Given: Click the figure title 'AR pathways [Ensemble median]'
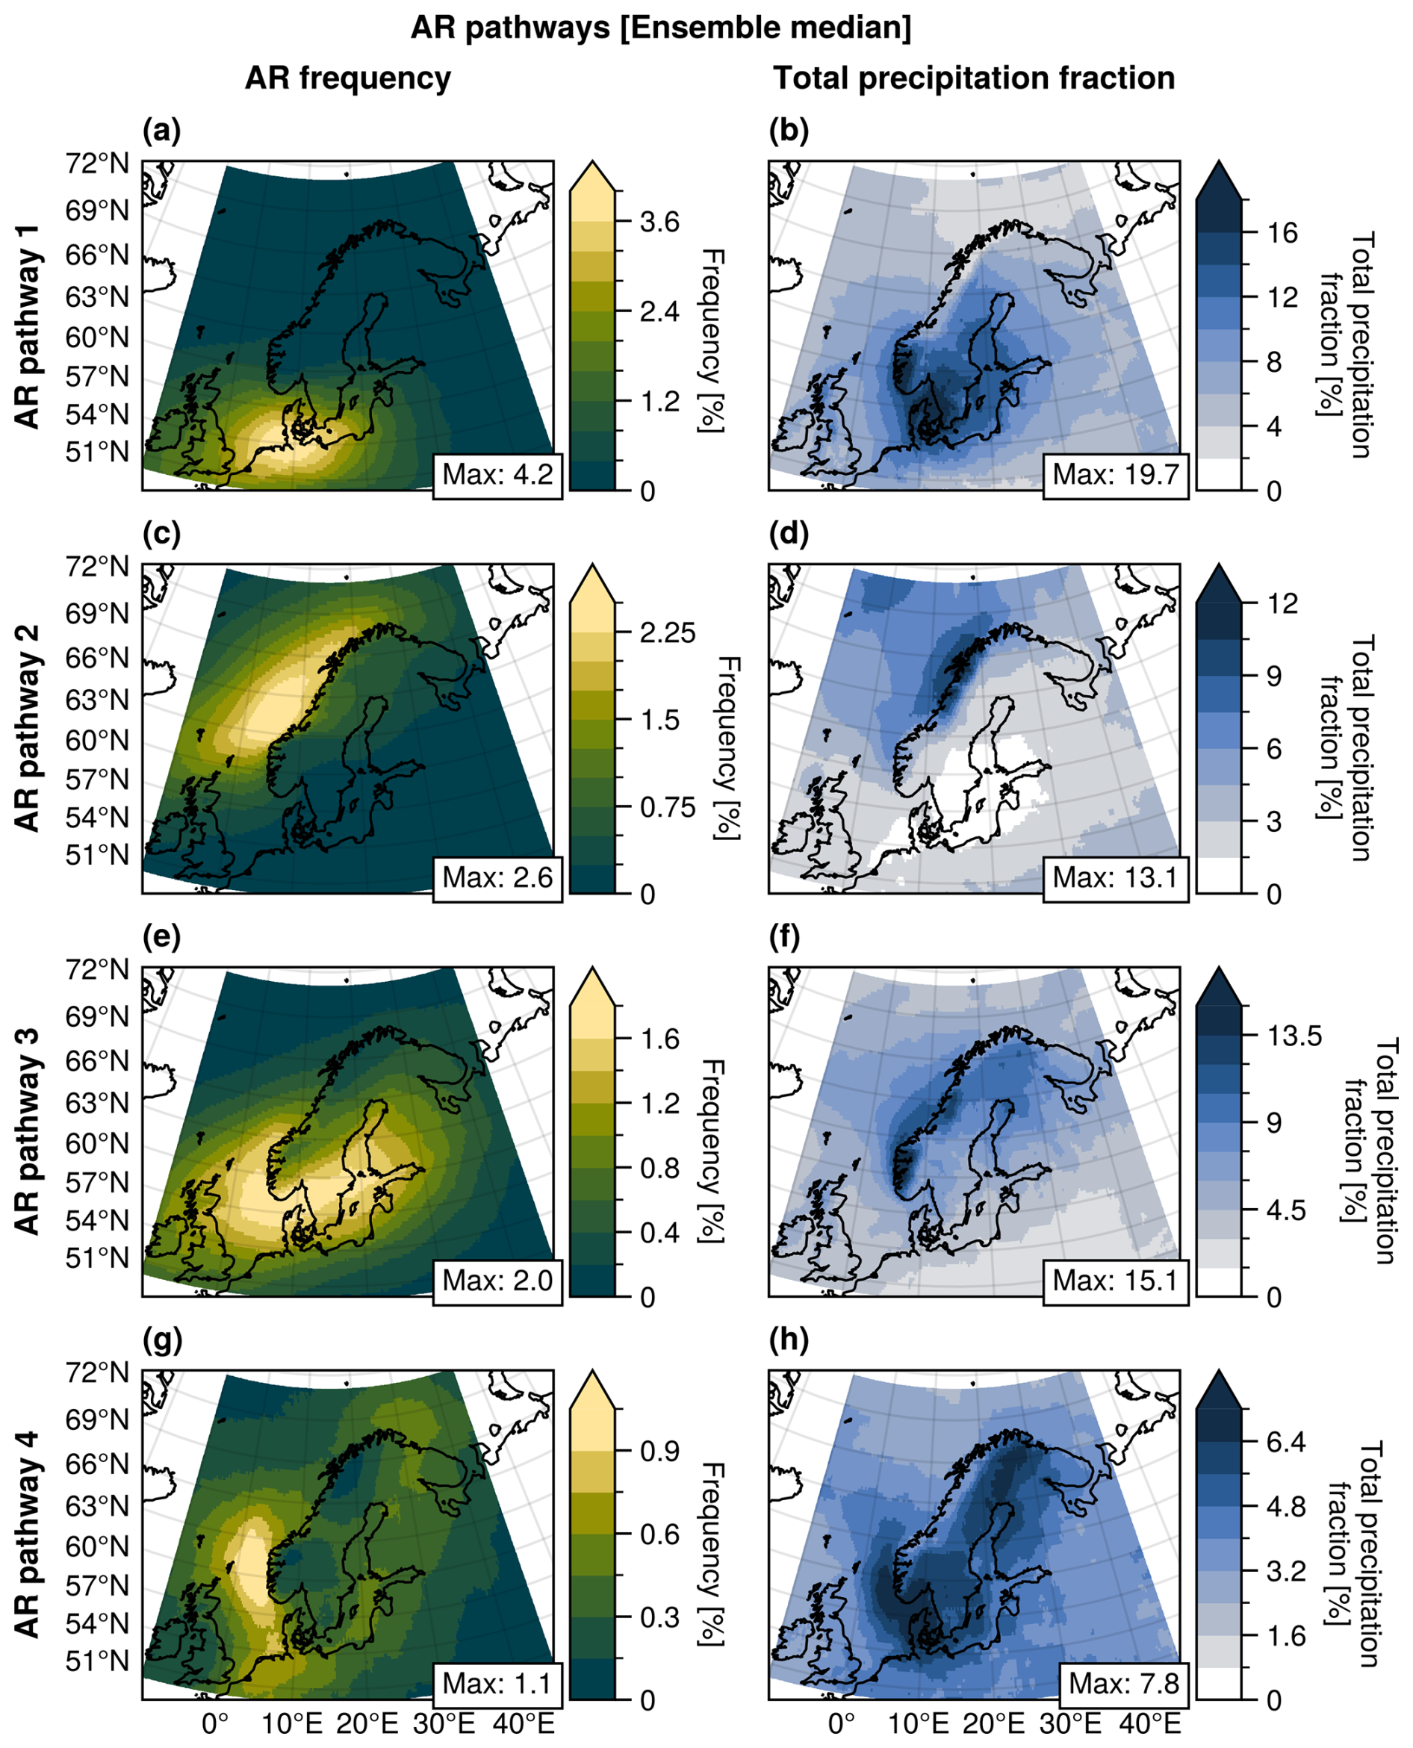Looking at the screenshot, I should click(661, 28).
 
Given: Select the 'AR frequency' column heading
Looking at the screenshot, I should click(347, 78).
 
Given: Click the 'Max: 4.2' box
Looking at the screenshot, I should click(497, 473).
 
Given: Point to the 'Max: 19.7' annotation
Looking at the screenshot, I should click(1115, 473).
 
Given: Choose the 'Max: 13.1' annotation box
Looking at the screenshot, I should click(1115, 877).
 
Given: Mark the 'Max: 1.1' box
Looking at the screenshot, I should click(497, 1683).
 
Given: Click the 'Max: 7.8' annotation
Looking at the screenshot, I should click(1123, 1683).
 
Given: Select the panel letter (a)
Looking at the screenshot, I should click(161, 130).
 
